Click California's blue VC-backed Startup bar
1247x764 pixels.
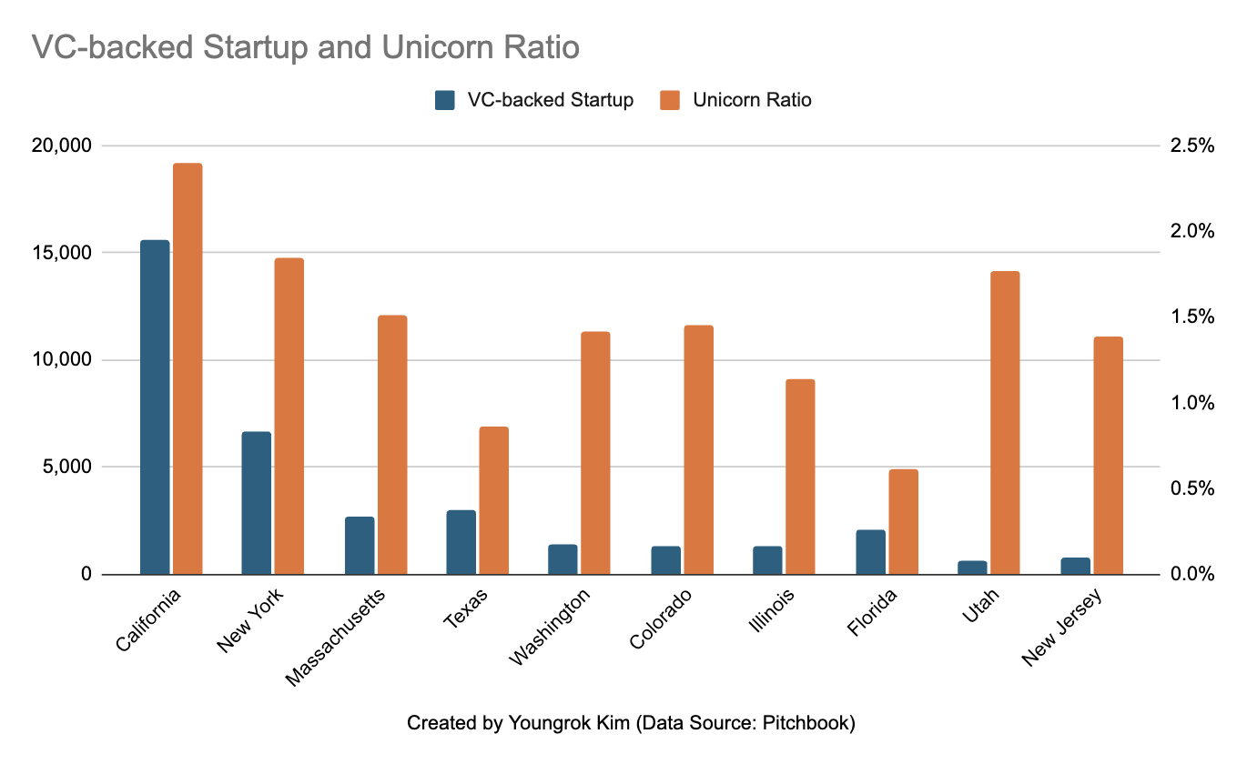point(154,407)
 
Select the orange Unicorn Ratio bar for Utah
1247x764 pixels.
point(1005,423)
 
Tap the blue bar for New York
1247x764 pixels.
point(256,503)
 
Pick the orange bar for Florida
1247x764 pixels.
point(904,522)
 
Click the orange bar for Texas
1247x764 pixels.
point(494,500)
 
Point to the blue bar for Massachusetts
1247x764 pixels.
point(359,546)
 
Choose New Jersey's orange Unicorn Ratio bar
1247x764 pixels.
point(1108,456)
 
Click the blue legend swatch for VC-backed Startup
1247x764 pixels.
point(445,100)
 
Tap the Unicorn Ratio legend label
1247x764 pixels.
point(752,100)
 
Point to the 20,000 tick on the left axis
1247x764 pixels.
point(79,146)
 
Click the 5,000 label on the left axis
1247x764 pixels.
point(87,467)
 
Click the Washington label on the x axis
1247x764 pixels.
point(552,628)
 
